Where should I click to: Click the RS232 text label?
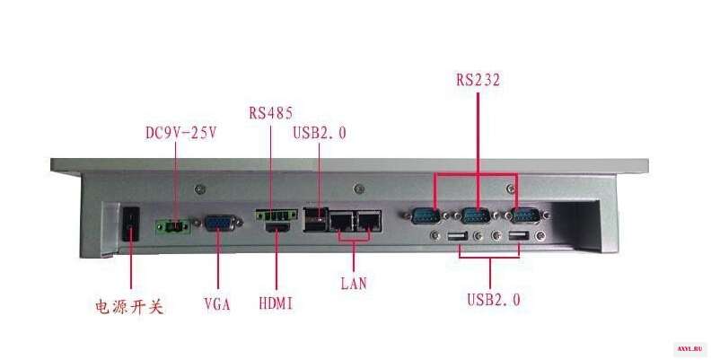tap(478, 80)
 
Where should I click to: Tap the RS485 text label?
tap(271, 112)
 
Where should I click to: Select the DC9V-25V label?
tap(181, 133)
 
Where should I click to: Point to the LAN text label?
tap(354, 284)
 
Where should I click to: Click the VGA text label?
tap(217, 303)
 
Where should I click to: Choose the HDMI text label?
tap(276, 303)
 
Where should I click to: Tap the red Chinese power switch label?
tap(129, 307)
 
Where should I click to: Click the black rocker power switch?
tap(130, 224)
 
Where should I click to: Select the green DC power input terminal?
tap(172, 226)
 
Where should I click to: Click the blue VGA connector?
tap(219, 223)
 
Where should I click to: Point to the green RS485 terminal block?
tap(276, 215)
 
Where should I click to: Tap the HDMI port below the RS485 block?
tap(277, 227)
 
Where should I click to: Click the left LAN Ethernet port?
tap(341, 221)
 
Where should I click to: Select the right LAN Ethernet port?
tap(369, 221)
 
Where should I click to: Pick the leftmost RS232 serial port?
tap(426, 215)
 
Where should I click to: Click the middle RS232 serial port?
tap(476, 215)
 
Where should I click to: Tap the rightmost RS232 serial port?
tap(526, 215)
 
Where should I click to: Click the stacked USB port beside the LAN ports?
tap(316, 219)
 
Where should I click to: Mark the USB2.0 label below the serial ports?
tap(494, 300)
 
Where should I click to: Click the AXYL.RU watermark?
tap(689, 348)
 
